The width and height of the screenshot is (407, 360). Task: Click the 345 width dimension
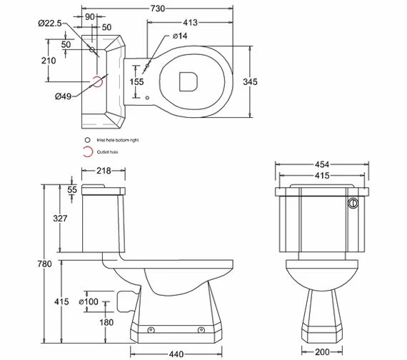coord(250,82)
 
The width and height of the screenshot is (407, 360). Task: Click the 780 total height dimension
coord(44,264)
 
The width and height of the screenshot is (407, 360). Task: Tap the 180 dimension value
coord(105,322)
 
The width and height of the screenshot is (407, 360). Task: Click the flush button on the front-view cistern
coord(351,204)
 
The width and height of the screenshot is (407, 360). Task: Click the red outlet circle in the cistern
coord(98,81)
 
